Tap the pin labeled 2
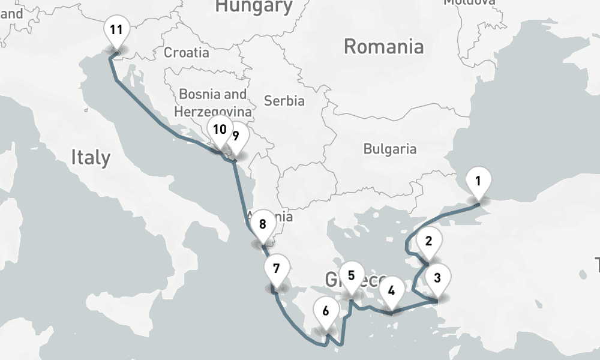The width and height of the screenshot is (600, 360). pos(428,242)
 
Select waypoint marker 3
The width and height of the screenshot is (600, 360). pos(437,278)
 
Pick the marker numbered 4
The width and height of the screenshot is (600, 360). pos(391,292)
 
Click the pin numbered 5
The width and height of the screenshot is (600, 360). pos(352,277)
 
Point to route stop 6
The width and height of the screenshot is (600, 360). pos(326,311)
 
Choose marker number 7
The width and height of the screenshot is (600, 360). pos(276,269)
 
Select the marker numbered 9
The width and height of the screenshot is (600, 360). pos(236,136)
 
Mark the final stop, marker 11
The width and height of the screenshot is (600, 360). pos(116,30)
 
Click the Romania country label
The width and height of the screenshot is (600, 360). pos(384,46)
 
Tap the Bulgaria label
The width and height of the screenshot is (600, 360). pos(390,148)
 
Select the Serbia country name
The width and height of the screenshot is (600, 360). pos(284,101)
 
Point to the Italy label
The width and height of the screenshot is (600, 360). pos(91,157)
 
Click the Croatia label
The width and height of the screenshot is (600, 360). pos(187,52)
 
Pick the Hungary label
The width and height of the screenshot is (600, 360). pos(254,7)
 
